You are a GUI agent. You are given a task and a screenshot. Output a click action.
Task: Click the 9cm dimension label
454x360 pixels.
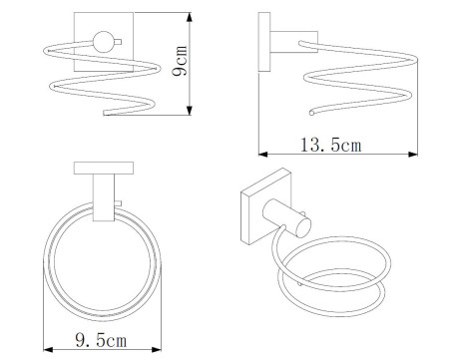[x=180, y=61]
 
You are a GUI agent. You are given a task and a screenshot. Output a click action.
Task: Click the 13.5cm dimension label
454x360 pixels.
[x=330, y=145]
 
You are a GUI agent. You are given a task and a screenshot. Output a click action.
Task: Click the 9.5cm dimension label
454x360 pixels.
[x=101, y=340]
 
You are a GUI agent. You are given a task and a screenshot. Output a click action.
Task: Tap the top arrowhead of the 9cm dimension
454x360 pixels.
[x=190, y=17]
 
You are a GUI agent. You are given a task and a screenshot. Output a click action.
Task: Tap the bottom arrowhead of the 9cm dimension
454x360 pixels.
[x=190, y=111]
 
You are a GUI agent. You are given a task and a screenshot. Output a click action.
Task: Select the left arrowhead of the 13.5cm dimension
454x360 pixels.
[x=263, y=154]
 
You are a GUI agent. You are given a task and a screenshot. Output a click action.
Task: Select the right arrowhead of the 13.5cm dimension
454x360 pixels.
[x=413, y=154]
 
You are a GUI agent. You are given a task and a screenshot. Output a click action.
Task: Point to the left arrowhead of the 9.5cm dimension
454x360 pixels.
[x=48, y=349]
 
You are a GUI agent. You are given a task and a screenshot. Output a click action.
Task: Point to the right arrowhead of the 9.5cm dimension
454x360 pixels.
[x=157, y=349]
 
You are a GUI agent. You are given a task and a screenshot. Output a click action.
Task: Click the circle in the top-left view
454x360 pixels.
[x=104, y=42]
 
